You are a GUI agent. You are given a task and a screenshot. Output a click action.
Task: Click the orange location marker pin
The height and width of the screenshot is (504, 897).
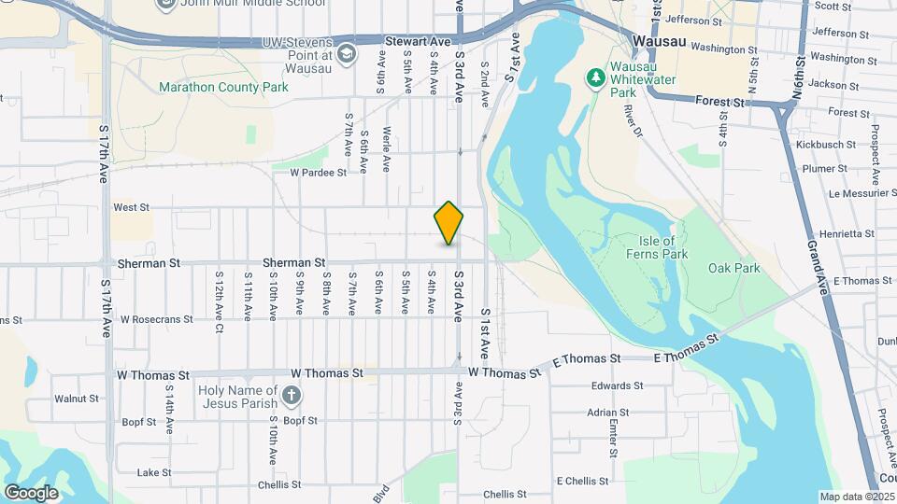[x=448, y=222]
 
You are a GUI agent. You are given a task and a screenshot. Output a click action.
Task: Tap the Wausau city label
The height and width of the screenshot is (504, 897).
[x=659, y=42]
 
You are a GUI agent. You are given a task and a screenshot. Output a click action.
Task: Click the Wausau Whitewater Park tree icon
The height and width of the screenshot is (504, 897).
[x=595, y=77]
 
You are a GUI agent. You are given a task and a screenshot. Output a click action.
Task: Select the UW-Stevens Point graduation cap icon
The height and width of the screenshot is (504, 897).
[x=347, y=54]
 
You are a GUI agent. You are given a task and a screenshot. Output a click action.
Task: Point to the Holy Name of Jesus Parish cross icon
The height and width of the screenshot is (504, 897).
[x=292, y=397]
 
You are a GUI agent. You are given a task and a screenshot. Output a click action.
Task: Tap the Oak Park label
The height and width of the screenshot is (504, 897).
[x=733, y=268]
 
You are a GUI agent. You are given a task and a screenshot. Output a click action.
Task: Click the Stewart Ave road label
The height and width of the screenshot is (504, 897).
[x=418, y=42]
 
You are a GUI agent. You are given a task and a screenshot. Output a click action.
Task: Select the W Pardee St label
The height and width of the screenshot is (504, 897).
[x=318, y=172]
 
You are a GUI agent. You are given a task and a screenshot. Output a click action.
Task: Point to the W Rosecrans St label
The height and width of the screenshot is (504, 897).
[x=156, y=319]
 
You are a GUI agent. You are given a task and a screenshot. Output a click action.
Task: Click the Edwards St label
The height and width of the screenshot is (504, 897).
[x=618, y=385]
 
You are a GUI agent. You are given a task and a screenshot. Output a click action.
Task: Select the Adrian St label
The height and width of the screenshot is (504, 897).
[x=607, y=412]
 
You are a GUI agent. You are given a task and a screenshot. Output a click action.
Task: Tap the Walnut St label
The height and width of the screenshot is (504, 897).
[x=77, y=399]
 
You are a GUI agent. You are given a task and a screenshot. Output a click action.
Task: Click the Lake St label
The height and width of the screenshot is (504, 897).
[x=149, y=473]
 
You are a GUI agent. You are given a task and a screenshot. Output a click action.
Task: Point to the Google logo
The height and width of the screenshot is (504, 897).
[x=31, y=493]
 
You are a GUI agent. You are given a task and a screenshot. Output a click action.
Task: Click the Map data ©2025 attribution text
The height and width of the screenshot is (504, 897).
[x=855, y=497]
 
